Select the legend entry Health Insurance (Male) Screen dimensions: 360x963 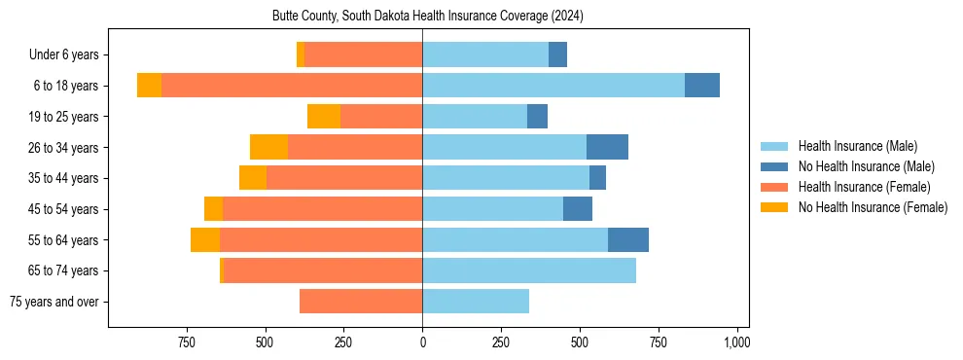click(x=857, y=146)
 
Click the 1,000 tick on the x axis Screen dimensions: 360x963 click(x=736, y=342)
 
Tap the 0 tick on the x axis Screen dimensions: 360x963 click(x=422, y=342)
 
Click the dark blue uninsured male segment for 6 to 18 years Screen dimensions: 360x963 click(x=702, y=86)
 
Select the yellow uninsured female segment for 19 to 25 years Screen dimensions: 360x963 click(x=324, y=117)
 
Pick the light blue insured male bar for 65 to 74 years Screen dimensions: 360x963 click(x=529, y=270)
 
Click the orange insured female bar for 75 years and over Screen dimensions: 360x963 click(x=361, y=302)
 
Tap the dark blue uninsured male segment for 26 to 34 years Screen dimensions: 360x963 click(x=607, y=147)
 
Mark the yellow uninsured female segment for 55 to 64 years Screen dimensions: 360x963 click(x=205, y=239)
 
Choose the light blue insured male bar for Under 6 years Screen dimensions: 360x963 click(x=485, y=55)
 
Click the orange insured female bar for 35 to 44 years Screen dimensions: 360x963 click(x=344, y=178)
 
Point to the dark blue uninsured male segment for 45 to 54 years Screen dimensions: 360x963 click(x=578, y=209)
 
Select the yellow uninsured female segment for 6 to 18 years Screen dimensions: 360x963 click(x=149, y=86)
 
